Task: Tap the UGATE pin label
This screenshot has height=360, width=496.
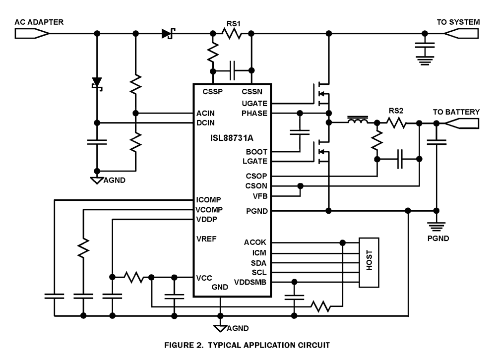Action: [x=255, y=103]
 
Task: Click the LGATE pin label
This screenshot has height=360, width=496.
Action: [x=256, y=161]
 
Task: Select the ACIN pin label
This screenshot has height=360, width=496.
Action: [x=205, y=113]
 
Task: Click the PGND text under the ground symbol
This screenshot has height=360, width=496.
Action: [x=437, y=238]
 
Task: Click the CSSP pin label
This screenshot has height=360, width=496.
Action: [x=212, y=91]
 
